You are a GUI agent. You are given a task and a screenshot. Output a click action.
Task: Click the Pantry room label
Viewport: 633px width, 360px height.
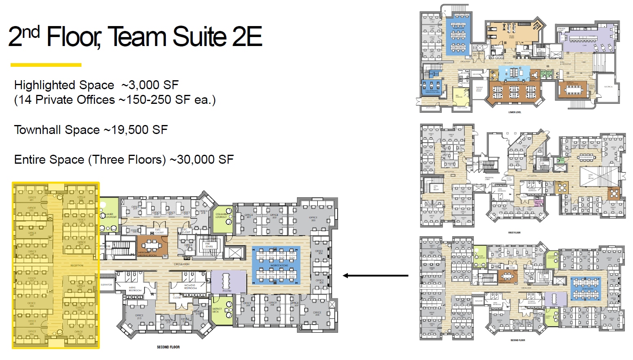pyautogui.click(x=227, y=291)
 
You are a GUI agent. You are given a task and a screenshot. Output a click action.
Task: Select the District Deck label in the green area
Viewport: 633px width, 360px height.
pyautogui.click(x=217, y=310)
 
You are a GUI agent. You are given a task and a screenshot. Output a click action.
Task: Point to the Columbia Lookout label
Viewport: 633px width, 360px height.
pyautogui.click(x=222, y=215)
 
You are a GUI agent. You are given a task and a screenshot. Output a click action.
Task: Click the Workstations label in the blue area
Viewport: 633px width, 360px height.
pyautogui.click(x=279, y=266)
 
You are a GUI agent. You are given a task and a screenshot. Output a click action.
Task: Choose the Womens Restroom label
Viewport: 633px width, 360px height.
pyautogui.click(x=190, y=287)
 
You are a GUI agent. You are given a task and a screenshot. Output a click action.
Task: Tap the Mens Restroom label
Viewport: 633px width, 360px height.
pyautogui.click(x=135, y=289)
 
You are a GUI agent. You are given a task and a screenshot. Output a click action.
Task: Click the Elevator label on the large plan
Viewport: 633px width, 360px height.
pyautogui.click(x=106, y=285)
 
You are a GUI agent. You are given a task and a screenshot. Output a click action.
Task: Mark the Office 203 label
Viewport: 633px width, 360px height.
pyautogui.click(x=313, y=219)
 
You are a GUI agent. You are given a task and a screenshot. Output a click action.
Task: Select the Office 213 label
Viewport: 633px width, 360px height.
pyautogui.click(x=139, y=316)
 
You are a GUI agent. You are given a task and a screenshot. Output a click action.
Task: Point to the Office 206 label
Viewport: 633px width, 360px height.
pyautogui.click(x=317, y=314)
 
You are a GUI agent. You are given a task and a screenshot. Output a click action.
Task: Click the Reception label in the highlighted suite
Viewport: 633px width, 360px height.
pyautogui.click(x=77, y=266)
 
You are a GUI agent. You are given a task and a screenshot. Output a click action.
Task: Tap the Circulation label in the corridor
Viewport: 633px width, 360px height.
pyautogui.click(x=182, y=264)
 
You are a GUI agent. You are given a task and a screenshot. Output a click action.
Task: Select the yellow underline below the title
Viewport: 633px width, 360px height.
pyautogui.click(x=46, y=65)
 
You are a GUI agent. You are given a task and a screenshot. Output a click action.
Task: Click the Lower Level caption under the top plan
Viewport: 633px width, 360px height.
pyautogui.click(x=514, y=112)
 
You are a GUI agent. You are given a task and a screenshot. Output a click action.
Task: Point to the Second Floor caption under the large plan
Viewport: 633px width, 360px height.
pyautogui.click(x=168, y=347)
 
